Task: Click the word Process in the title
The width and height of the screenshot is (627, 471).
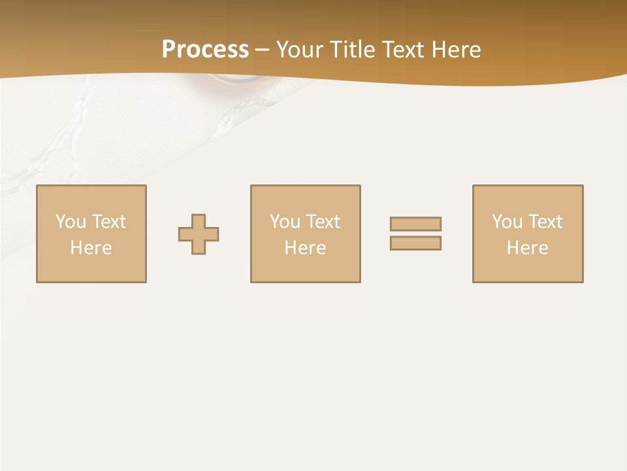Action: point(205,50)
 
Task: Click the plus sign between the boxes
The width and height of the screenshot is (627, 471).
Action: point(199,234)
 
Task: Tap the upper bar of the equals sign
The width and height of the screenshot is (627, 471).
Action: point(415,224)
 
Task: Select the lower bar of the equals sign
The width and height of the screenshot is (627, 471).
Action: point(415,243)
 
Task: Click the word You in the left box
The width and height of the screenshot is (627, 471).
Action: point(71,222)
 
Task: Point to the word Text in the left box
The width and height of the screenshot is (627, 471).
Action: point(109,222)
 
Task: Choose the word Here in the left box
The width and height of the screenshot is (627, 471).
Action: point(91,248)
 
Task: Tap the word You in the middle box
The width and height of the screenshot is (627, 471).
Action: point(285,222)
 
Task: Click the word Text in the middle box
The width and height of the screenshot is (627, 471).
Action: point(323,222)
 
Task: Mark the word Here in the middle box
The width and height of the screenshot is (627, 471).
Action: point(305,248)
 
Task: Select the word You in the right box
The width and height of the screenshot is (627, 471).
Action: point(507,222)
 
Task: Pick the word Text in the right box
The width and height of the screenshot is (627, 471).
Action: point(545,222)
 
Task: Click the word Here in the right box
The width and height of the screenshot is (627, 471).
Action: point(527,248)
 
